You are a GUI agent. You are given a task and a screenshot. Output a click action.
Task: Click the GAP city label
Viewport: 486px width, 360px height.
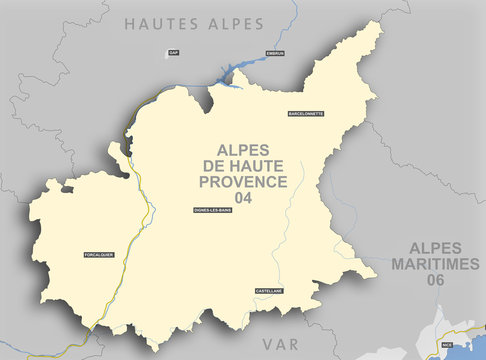tap(173, 52)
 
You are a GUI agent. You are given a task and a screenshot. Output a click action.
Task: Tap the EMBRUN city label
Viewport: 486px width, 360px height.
tap(274, 52)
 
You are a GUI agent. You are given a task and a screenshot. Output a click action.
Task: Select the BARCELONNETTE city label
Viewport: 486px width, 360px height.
tap(305, 115)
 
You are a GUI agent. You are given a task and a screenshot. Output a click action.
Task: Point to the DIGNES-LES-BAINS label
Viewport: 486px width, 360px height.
tap(212, 210)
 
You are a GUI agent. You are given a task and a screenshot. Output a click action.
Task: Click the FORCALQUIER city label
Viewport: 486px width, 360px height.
tap(100, 255)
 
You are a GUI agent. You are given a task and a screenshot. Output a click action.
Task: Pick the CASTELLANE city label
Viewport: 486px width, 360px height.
tap(269, 290)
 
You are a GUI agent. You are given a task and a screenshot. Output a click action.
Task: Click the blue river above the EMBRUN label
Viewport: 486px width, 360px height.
tap(291, 25)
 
